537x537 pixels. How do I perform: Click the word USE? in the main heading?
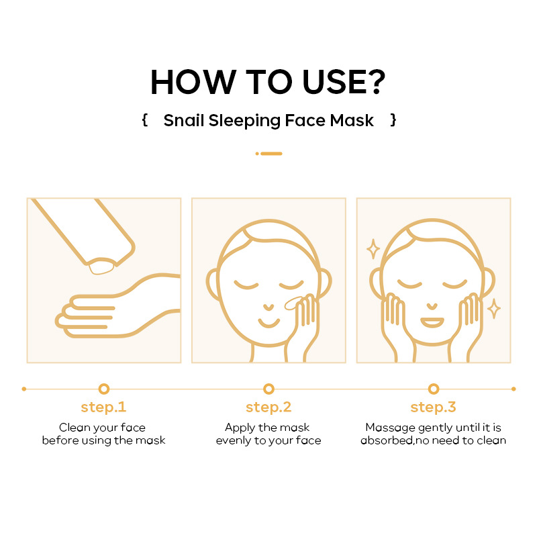click(344, 82)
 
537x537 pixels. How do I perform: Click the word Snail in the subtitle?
click(183, 121)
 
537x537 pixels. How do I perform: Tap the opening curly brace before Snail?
click(145, 120)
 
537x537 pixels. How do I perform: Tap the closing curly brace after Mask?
click(393, 120)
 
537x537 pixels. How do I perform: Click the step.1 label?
click(103, 407)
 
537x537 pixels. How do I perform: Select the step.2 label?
click(268, 407)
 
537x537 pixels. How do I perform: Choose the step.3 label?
click(433, 407)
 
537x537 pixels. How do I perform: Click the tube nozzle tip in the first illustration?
click(101, 266)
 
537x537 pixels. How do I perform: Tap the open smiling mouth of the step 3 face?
click(432, 323)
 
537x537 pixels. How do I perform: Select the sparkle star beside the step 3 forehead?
click(373, 249)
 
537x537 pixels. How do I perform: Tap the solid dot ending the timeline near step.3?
click(514, 389)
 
